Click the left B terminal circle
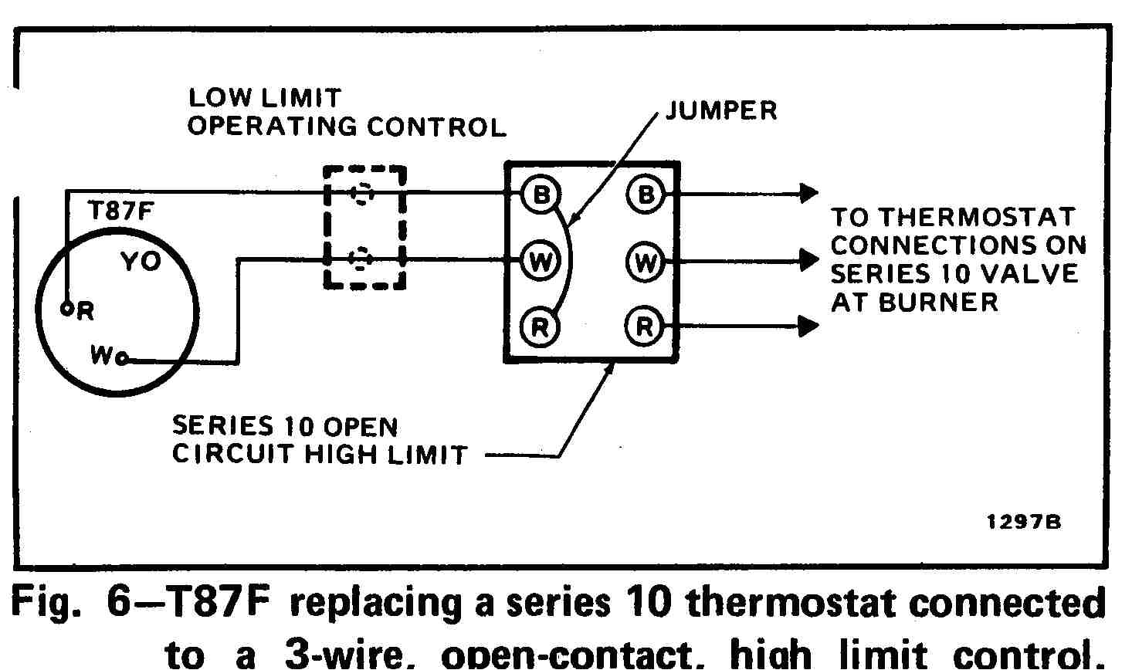[x=541, y=195]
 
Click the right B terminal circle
[x=644, y=195]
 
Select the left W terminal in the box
[x=541, y=262]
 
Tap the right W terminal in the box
[x=644, y=262]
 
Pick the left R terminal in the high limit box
[x=541, y=327]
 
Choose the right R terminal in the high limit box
[x=644, y=327]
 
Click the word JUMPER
[x=721, y=111]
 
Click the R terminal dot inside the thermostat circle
[x=67, y=309]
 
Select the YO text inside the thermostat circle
[x=141, y=262]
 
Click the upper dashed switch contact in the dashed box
[x=361, y=194]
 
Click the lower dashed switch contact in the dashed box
[x=361, y=259]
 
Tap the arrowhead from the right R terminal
[x=808, y=327]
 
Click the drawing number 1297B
[x=1024, y=523]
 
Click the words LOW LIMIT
[x=264, y=99]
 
